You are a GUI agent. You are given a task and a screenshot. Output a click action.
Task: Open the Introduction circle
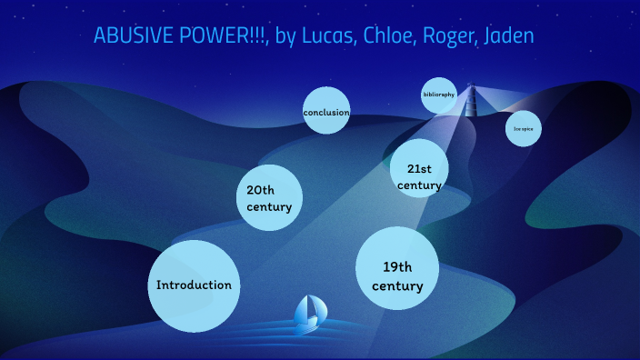(x=194, y=285)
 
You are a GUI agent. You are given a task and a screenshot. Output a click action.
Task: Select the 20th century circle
(x=269, y=198)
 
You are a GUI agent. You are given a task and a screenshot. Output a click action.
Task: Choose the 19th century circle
(x=397, y=268)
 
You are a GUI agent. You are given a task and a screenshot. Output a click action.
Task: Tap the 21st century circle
(x=419, y=169)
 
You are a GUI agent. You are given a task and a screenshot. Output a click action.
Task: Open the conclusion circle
(x=326, y=111)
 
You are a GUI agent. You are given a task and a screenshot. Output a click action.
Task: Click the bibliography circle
(x=438, y=95)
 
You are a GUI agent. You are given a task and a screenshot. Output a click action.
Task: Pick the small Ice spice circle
(x=523, y=129)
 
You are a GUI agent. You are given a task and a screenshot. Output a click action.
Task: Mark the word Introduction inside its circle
(x=194, y=285)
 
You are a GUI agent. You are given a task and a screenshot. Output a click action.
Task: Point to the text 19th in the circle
(x=397, y=266)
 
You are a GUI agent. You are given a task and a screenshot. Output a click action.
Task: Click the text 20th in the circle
(x=260, y=190)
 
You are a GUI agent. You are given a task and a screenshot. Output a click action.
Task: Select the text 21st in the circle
(x=419, y=169)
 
